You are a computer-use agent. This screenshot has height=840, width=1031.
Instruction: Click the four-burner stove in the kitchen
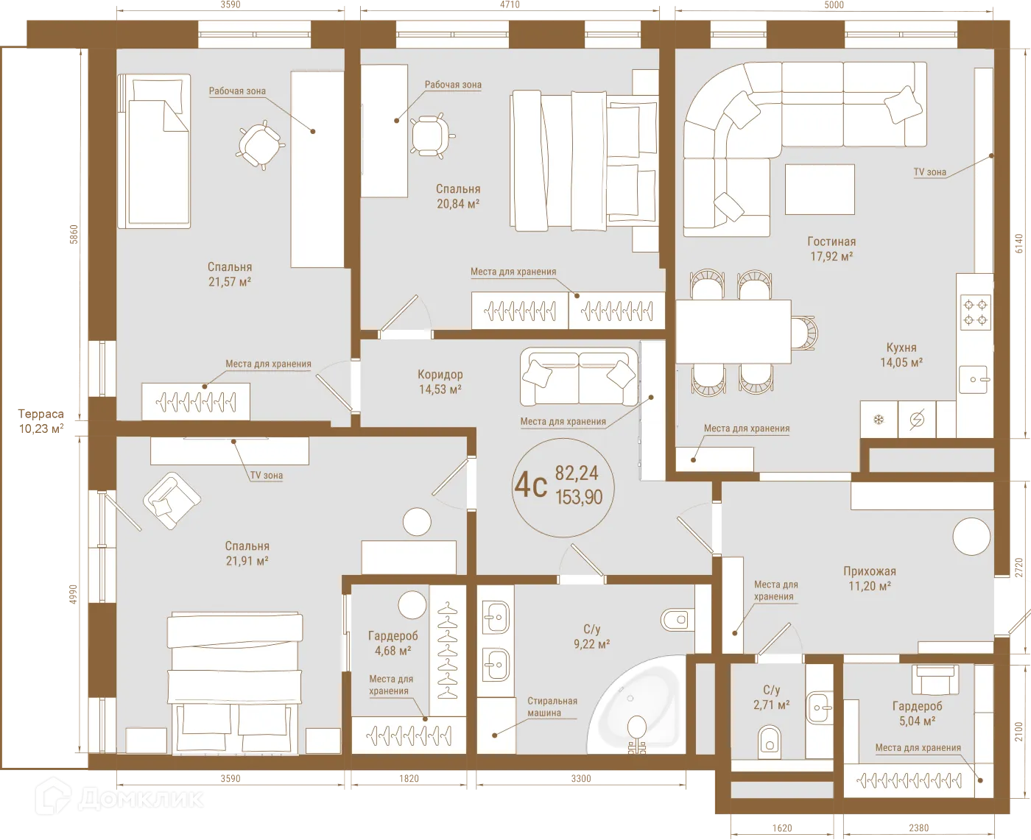pos(976,311)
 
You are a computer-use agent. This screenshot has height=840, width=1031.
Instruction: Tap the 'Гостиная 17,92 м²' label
pos(831,249)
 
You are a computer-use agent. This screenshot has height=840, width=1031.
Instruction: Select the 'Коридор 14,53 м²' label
pos(440,382)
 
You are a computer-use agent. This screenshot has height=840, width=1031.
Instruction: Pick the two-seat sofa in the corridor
pos(579,376)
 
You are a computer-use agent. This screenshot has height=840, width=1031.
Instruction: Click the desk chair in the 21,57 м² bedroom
pos(259,143)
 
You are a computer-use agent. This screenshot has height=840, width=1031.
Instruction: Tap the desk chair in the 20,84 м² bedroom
pos(429,135)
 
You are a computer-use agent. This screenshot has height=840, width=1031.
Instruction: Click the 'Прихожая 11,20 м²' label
pos(869,579)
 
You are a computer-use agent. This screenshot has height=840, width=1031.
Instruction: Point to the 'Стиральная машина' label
pos(552,707)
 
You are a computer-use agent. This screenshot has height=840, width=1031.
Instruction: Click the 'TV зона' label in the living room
pos(929,172)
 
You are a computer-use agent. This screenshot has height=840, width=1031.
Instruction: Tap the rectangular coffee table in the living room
pos(820,189)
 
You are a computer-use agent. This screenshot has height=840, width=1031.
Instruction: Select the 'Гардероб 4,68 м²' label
pos(393,643)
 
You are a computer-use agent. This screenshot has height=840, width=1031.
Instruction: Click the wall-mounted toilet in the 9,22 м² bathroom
pos(676,620)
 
